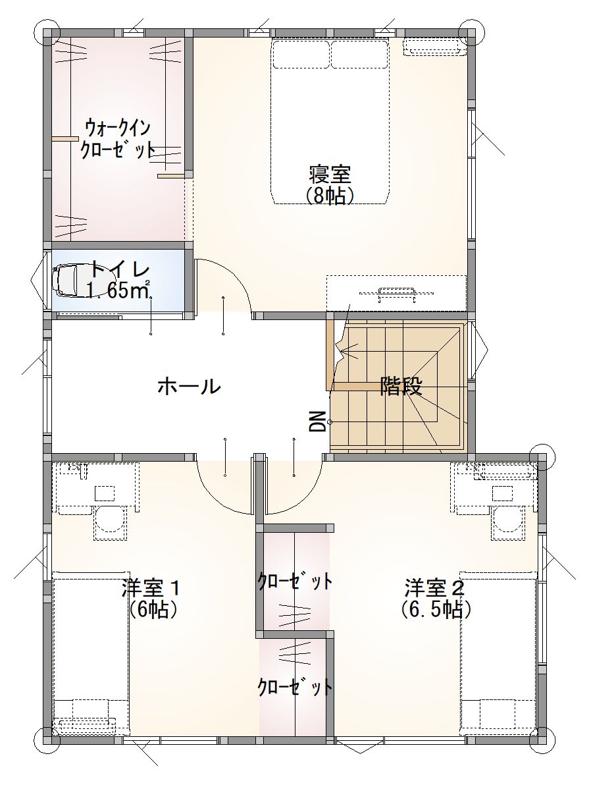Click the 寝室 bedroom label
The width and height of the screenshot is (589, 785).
click(x=329, y=175)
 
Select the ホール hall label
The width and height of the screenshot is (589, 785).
click(x=189, y=387)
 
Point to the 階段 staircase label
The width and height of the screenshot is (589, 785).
click(x=401, y=385)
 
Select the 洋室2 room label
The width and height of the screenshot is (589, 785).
click(x=435, y=587)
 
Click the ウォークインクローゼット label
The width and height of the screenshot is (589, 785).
click(x=117, y=139)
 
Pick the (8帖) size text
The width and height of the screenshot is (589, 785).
click(x=329, y=196)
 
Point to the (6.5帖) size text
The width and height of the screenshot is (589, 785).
click(x=436, y=609)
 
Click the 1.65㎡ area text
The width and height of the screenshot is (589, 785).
click(x=119, y=290)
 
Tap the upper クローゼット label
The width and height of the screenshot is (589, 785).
click(x=295, y=582)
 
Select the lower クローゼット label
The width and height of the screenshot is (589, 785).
click(x=295, y=686)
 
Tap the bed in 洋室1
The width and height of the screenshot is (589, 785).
click(x=91, y=653)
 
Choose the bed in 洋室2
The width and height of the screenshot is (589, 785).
click(x=499, y=653)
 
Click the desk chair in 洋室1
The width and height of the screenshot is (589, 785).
click(x=109, y=522)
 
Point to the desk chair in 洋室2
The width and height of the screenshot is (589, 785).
click(x=507, y=522)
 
